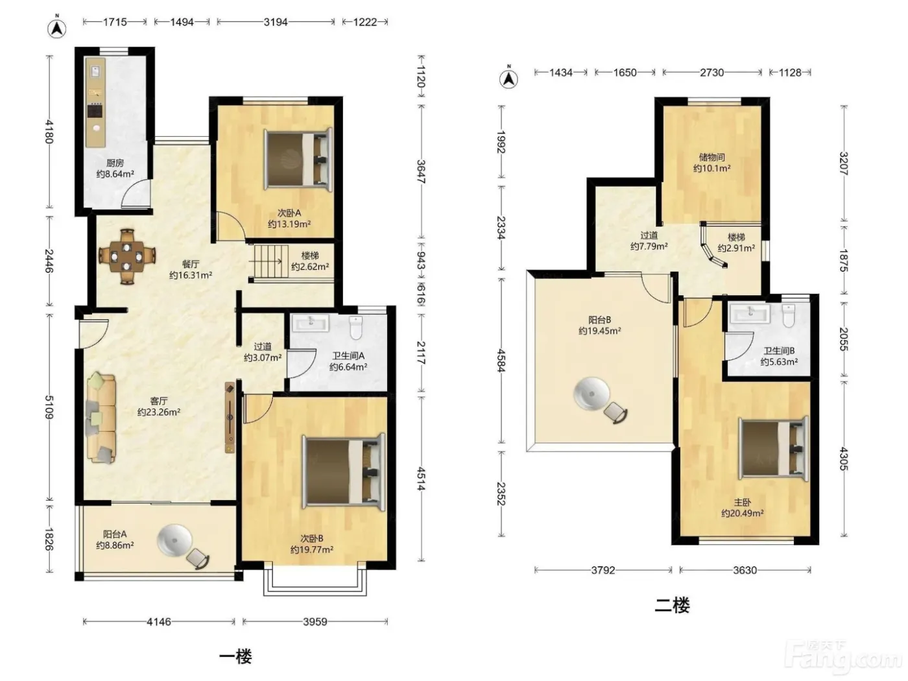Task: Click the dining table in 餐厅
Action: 127,256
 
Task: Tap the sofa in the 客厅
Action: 101,418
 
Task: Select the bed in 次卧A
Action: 298,159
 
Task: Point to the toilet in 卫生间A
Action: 356,328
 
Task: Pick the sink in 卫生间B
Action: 750,313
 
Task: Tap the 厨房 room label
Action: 115,163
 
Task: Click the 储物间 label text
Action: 711,157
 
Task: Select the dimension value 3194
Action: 276,22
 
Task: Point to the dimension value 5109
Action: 49,407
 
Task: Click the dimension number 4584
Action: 501,361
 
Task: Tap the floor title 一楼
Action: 235,656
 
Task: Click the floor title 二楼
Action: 672,605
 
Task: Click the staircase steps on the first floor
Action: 270,261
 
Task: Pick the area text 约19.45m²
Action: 599,331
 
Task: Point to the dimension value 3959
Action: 315,621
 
